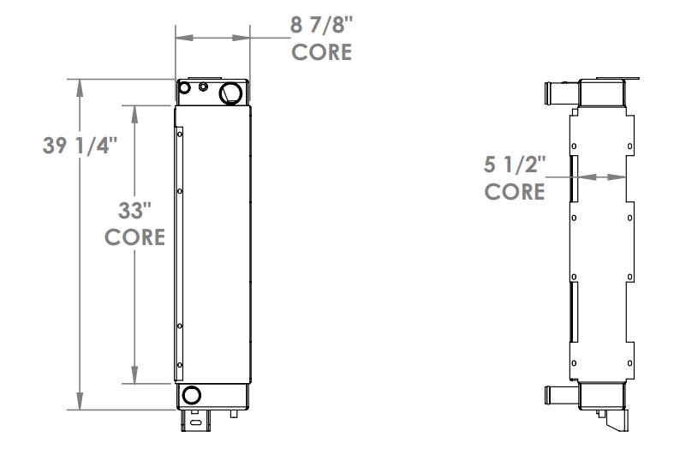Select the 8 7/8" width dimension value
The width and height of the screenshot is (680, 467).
[321, 25]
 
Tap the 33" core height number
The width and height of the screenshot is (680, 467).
[134, 210]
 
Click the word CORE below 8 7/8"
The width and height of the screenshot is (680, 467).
[322, 51]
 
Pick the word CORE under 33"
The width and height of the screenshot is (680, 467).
[135, 236]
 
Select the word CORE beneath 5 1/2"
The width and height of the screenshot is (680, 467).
[515, 191]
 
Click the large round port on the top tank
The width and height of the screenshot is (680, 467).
[231, 92]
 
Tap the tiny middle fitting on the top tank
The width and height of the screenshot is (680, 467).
[203, 87]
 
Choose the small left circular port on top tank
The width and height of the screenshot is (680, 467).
[185, 87]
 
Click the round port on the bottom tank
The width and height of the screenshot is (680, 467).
[191, 395]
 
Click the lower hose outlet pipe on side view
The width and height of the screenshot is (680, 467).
[558, 396]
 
